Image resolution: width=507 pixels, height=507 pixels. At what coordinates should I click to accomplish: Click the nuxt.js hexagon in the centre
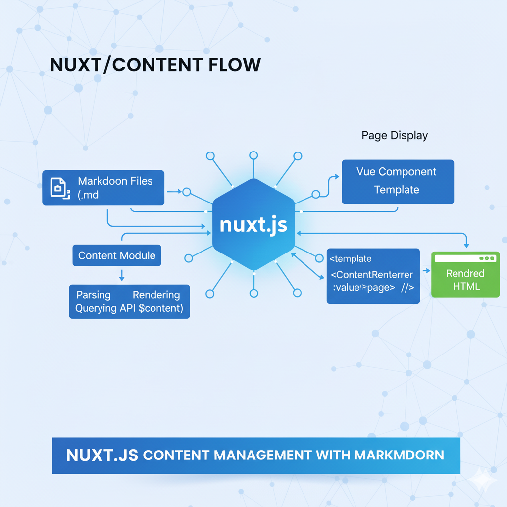click(253, 225)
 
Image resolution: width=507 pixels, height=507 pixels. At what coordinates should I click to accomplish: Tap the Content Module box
click(117, 255)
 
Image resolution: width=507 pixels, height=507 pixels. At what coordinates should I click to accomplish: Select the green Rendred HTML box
click(465, 279)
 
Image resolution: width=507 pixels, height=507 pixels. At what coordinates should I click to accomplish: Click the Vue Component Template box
click(398, 181)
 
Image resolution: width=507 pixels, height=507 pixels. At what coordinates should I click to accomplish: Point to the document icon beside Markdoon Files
click(59, 188)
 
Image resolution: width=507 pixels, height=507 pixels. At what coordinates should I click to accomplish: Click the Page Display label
click(395, 135)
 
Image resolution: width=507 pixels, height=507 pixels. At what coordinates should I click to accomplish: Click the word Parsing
click(94, 295)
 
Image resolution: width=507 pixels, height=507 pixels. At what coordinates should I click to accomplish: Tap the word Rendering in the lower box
click(156, 295)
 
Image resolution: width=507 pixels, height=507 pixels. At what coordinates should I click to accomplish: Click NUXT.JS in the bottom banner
click(102, 455)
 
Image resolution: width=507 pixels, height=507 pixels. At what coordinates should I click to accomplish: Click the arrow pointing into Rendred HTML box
click(425, 272)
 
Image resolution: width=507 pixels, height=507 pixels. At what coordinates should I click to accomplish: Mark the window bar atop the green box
click(465, 258)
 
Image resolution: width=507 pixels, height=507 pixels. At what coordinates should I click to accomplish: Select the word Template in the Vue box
click(397, 190)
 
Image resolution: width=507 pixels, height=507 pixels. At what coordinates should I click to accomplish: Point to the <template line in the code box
click(351, 258)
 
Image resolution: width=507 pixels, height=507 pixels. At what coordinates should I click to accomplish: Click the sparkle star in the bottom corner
click(480, 480)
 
